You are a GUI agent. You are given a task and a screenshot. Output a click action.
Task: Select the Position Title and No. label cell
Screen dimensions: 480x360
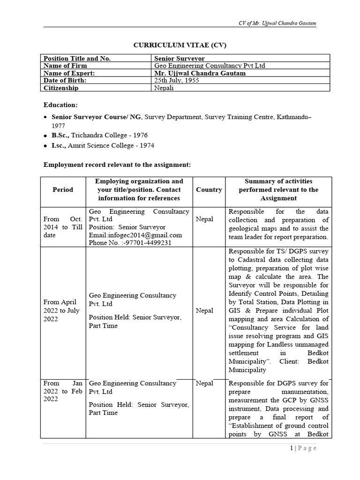click(77, 59)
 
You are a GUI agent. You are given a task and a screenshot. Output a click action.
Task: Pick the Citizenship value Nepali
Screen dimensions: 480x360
click(164, 88)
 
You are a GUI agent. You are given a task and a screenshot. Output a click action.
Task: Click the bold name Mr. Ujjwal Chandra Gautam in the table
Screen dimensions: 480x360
click(200, 73)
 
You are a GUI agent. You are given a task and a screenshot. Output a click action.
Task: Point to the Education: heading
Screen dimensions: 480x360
click(60, 105)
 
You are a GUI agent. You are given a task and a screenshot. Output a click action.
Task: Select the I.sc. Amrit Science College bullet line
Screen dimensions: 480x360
click(103, 145)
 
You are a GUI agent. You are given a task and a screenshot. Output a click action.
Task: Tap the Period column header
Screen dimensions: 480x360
click(63, 190)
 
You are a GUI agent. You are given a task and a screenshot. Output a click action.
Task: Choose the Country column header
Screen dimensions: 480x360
click(209, 190)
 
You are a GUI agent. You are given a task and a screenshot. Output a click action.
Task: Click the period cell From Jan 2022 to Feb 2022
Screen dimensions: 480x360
click(63, 391)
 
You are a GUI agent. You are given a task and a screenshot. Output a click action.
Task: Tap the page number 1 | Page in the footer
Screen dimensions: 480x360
click(303, 449)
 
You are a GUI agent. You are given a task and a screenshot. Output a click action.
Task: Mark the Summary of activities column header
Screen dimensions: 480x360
click(278, 190)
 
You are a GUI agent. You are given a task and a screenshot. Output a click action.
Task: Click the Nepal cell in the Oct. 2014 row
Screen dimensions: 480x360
click(204, 219)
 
